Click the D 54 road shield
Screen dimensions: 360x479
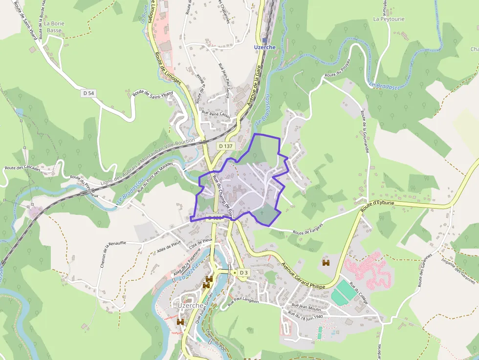pos(88,93)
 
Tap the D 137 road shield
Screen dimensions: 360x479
pos(226,146)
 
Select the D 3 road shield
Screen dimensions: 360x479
pos(243,272)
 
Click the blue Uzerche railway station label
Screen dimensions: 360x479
pos(265,47)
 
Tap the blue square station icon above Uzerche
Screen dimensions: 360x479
pos(264,40)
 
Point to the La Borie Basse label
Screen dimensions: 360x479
pos(54,26)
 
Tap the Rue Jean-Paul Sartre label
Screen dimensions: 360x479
pos(226,81)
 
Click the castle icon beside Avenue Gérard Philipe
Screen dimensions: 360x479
pos(326,263)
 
